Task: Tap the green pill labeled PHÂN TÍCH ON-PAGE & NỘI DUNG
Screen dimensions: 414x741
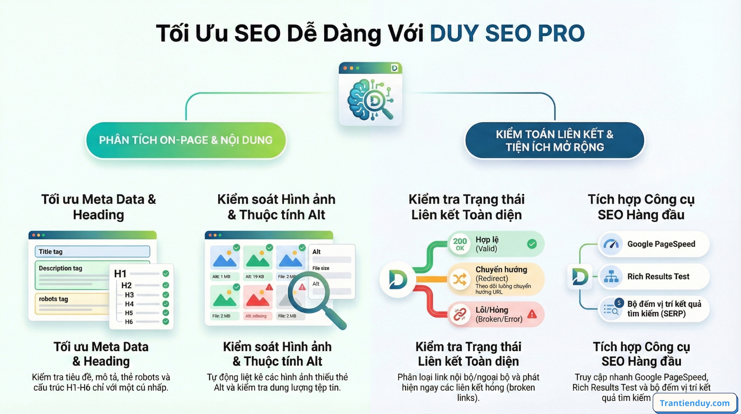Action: tap(186, 140)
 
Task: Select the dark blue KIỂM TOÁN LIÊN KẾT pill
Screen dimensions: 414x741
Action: tap(554, 141)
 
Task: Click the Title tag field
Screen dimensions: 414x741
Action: tap(92, 252)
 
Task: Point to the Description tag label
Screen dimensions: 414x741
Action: tap(60, 268)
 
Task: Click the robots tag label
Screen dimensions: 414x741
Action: tap(54, 299)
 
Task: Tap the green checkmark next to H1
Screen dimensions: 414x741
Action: tap(166, 273)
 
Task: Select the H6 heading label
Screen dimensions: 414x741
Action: tap(129, 322)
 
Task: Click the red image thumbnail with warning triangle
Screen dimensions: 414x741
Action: tap(258, 298)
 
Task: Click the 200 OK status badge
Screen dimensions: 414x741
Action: tap(460, 244)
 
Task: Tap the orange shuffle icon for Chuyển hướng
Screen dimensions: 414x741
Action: tap(460, 279)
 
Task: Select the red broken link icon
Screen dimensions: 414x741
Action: tap(460, 314)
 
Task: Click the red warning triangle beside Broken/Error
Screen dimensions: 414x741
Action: tap(532, 314)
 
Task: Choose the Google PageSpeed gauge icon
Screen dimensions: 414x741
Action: tap(611, 244)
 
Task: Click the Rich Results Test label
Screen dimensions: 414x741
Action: tap(658, 277)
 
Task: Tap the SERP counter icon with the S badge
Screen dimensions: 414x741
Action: tap(612, 309)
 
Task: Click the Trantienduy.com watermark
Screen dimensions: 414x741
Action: tap(695, 403)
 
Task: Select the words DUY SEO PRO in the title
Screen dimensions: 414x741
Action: tap(507, 33)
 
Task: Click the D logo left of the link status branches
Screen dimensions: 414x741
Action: tap(398, 279)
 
